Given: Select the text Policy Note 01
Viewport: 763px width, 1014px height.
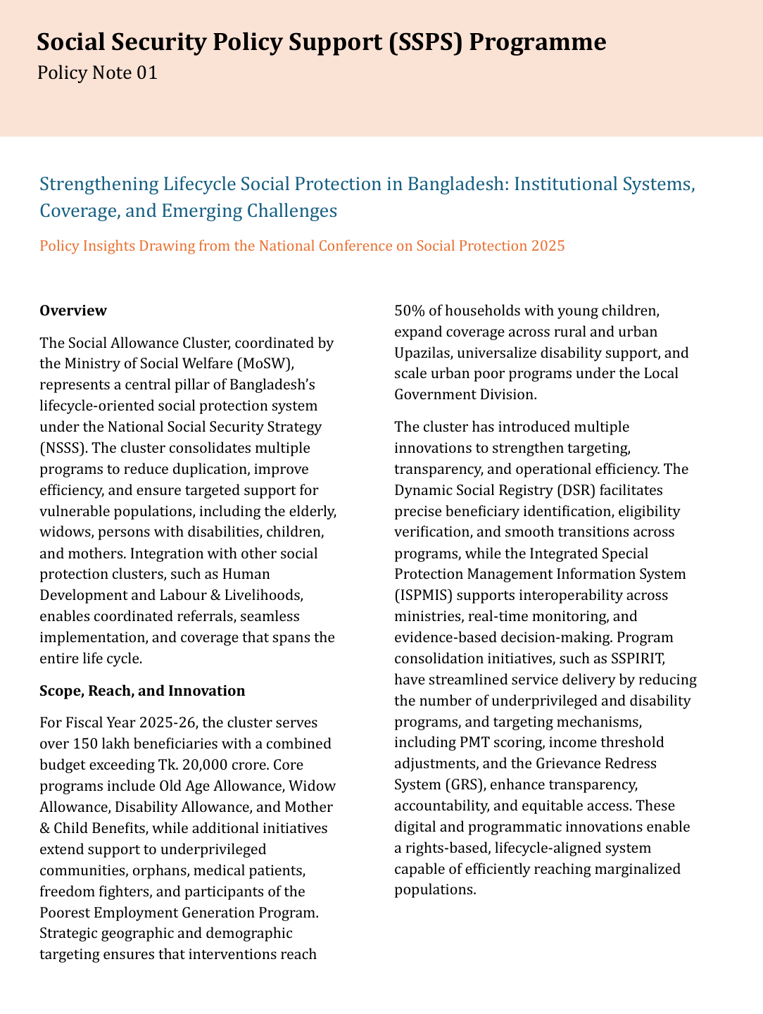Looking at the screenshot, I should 97,73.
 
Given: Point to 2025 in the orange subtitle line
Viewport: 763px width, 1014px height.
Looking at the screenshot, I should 548,246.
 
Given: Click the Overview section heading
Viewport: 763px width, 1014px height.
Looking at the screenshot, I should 73,311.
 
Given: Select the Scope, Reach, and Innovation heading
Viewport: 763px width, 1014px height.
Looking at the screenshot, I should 142,691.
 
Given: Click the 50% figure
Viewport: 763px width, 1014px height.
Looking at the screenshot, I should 410,311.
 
